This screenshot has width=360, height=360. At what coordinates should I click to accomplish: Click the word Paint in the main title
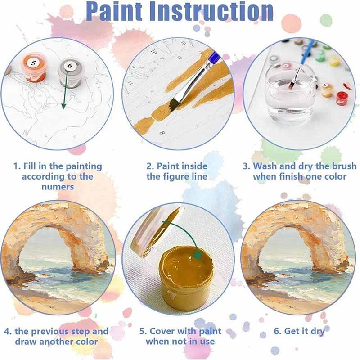[114, 12]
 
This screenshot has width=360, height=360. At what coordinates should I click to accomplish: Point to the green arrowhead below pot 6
[63, 106]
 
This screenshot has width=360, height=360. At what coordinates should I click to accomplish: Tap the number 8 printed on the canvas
[162, 133]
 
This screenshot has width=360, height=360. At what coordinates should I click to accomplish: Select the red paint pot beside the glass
[342, 98]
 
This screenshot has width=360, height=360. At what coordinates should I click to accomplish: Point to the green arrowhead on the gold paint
[197, 254]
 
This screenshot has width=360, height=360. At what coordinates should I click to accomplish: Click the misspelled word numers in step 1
[58, 187]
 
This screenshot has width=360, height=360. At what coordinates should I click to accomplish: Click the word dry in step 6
[318, 332]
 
